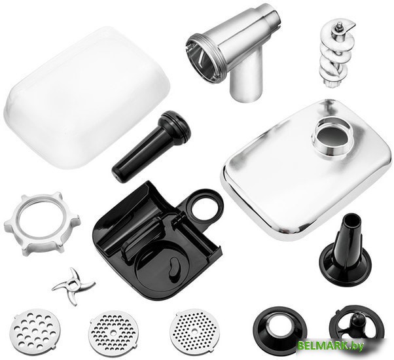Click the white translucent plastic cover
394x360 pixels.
[x=86, y=98]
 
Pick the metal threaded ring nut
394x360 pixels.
[x=42, y=224]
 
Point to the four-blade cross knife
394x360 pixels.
[x=73, y=285]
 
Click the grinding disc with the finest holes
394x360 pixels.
[x=194, y=331]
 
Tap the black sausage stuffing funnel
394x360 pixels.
[x=346, y=251]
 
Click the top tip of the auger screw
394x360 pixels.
[x=340, y=24]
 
